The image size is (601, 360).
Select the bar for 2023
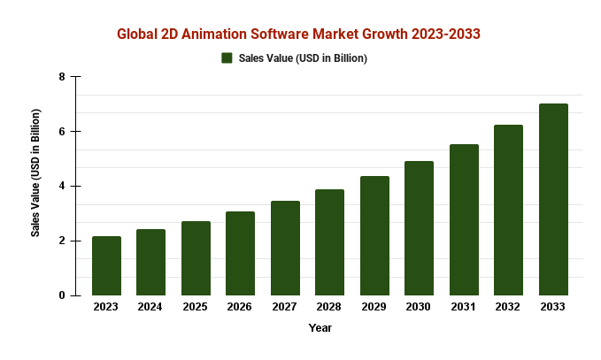tap(106, 265)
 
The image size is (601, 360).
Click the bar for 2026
tap(240, 253)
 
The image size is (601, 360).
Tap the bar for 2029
tap(374, 235)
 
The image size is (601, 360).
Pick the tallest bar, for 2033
tap(553, 199)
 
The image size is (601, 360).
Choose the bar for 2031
tap(464, 219)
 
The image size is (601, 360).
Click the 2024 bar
tap(150, 262)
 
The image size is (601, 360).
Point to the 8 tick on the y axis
tap(62, 77)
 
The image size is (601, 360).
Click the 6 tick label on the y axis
tap(62, 132)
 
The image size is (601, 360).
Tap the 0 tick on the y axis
tap(62, 295)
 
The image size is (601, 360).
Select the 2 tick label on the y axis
tap(62, 241)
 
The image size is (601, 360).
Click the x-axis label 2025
tap(196, 307)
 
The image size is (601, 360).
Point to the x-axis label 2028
tap(329, 307)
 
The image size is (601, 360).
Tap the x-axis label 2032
tap(508, 307)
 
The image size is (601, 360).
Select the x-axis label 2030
tap(419, 307)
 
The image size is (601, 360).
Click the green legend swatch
tap(227, 58)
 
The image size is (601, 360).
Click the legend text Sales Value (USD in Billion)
tap(303, 58)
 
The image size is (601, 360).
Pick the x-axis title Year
tap(320, 328)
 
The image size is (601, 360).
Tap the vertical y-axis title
tap(36, 172)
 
